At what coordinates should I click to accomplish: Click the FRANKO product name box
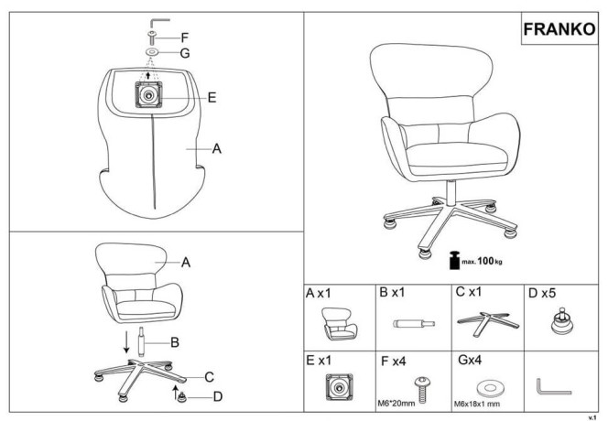point(559,29)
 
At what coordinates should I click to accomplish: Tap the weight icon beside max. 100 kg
point(454,260)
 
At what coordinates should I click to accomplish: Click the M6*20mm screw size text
point(396,404)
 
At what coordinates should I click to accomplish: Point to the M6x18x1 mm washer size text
point(476,404)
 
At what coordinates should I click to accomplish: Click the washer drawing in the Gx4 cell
point(490,388)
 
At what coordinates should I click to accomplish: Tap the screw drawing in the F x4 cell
point(422,388)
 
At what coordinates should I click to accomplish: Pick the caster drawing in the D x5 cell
point(562,321)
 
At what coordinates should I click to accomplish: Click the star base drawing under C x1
point(487,323)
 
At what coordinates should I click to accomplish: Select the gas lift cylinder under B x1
point(414,323)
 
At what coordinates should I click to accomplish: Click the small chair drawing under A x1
point(339,324)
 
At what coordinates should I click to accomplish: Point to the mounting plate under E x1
point(340,386)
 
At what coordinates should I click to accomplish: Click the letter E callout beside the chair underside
point(212,97)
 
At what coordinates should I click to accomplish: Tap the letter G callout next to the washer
point(185,53)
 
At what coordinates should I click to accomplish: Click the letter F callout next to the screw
point(185,38)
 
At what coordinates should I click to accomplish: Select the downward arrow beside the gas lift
point(126,342)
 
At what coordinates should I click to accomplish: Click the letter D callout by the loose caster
point(218,396)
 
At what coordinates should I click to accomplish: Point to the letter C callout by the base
point(210,377)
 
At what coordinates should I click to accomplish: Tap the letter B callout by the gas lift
point(175,342)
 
